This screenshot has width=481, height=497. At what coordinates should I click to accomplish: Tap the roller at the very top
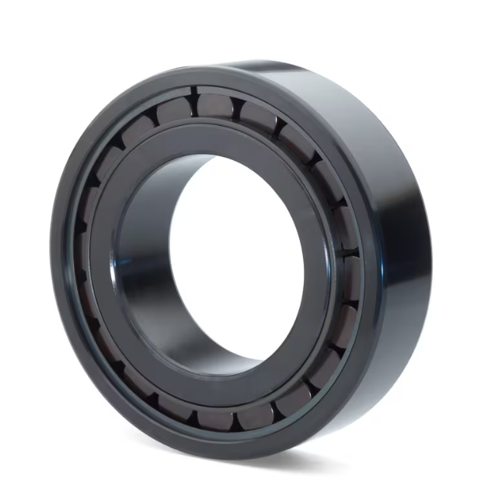coord(212,103)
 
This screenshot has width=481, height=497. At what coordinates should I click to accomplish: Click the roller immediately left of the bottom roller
coord(178,413)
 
